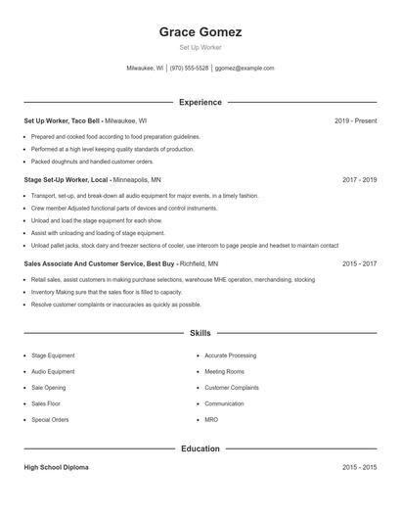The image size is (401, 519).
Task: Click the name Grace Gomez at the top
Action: click(200, 31)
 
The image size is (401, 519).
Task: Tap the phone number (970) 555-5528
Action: click(190, 69)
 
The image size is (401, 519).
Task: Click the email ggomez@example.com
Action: click(245, 69)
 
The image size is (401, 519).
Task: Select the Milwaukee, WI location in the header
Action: click(146, 69)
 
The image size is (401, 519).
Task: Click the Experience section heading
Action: click(200, 102)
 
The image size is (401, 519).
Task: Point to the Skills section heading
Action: click(200, 333)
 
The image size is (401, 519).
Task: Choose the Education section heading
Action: click(200, 448)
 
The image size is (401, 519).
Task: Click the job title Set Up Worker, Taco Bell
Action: click(63, 120)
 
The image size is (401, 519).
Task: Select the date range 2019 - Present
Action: click(355, 120)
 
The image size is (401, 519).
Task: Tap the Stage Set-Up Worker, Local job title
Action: click(66, 180)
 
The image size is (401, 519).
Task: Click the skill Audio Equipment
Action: click(53, 372)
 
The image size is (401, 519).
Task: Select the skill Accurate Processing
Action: click(230, 355)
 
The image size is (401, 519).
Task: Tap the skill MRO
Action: click(211, 419)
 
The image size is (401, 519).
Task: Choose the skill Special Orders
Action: click(50, 419)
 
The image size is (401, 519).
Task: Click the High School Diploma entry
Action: click(56, 468)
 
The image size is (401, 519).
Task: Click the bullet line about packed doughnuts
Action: click(92, 162)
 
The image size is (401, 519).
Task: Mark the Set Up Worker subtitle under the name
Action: click(200, 47)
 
